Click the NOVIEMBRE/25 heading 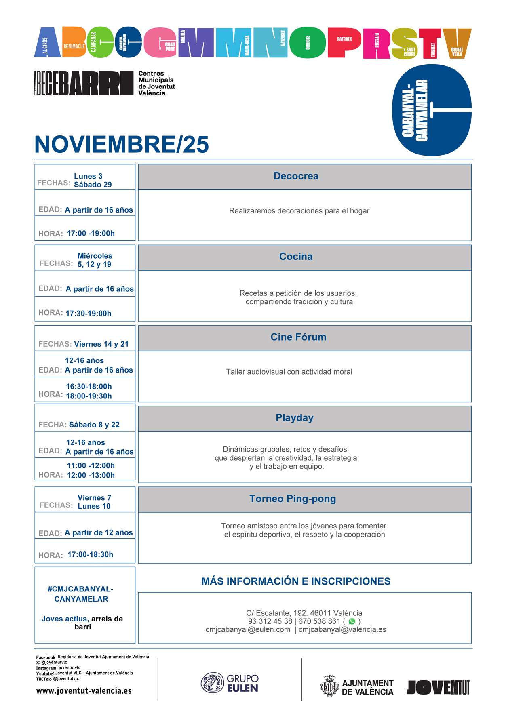coord(121,145)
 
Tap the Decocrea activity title coord(296,176)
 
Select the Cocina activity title coord(296,257)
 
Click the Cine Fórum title coord(298,337)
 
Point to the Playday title coord(295,418)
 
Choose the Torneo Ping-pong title coord(293,499)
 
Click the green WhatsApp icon coord(352,621)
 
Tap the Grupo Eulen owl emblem coord(212,683)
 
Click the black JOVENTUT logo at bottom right coord(438,687)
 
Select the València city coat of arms coord(329,686)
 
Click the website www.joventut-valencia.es coord(84,691)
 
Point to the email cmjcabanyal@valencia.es coord(342,629)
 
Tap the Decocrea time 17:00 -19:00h coord(91,234)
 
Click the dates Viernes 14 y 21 coord(101,344)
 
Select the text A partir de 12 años coord(99,533)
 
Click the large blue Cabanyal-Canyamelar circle coord(432,110)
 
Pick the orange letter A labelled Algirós coord(48,42)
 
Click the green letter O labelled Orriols coord(308,43)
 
